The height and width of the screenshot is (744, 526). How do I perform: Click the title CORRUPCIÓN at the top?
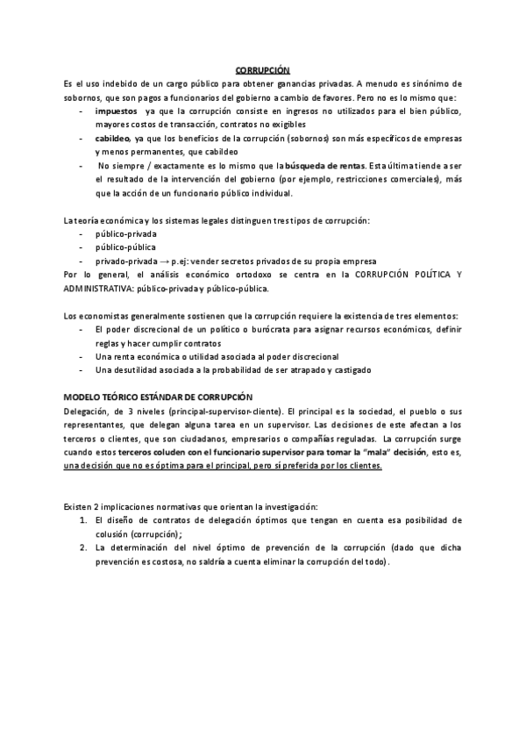pyautogui.click(x=263, y=69)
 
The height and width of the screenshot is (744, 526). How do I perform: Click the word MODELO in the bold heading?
pyautogui.click(x=83, y=397)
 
